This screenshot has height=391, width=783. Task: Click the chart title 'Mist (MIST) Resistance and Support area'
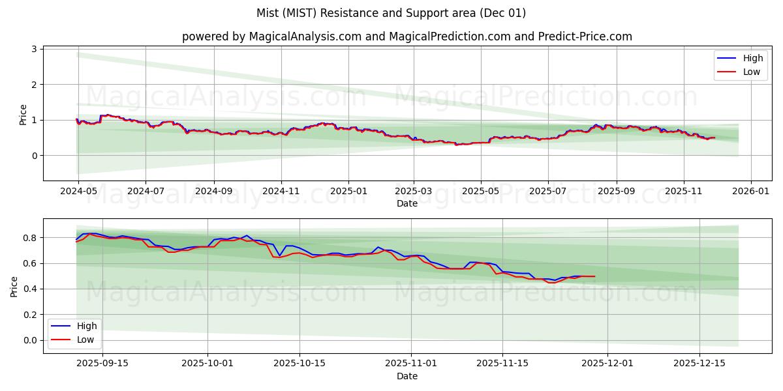click(x=391, y=13)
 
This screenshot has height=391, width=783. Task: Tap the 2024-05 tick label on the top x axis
click(x=78, y=192)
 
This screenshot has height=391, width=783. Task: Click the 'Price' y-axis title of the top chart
click(x=23, y=114)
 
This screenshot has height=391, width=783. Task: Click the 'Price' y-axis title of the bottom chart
click(x=14, y=285)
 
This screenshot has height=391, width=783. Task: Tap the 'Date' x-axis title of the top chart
click(x=407, y=204)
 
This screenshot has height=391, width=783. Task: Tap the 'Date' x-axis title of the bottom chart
click(x=407, y=376)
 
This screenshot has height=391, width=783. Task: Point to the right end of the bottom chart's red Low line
click(x=594, y=276)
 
